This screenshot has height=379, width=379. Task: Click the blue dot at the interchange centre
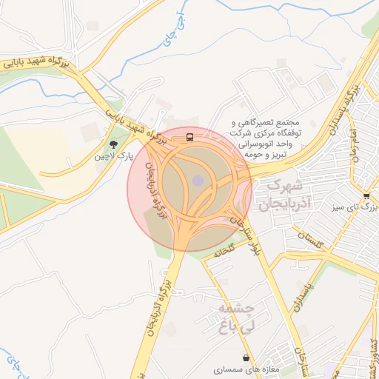point(197,180)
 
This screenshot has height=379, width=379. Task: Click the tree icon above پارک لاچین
point(113,144)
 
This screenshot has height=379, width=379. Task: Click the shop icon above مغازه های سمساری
point(245,358)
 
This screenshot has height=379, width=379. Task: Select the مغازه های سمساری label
point(244,369)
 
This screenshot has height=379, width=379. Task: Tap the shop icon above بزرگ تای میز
point(366,195)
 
